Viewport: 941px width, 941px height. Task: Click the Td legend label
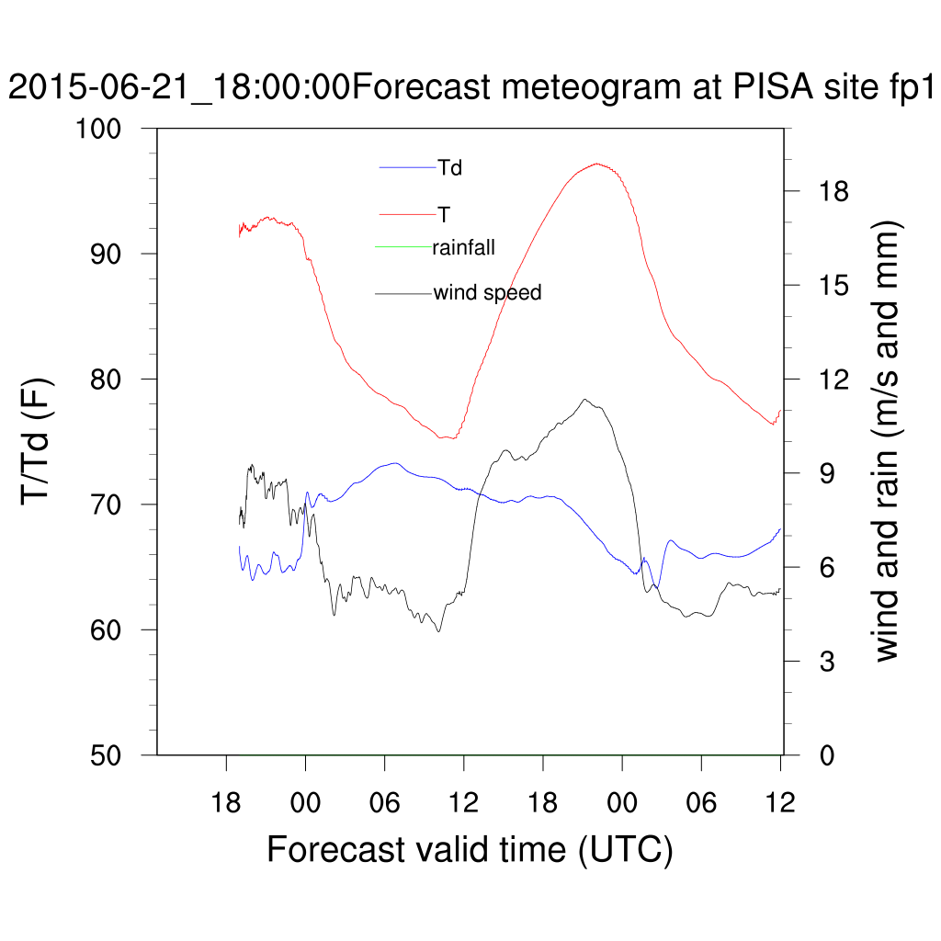coord(450,168)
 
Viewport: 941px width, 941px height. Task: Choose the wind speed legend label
coord(487,293)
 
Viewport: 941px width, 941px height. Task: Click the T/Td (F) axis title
coord(39,441)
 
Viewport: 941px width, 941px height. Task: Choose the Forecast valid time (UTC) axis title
coord(470,849)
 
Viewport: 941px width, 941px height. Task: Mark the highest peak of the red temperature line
coord(596,164)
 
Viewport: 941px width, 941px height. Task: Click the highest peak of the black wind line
coord(584,400)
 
